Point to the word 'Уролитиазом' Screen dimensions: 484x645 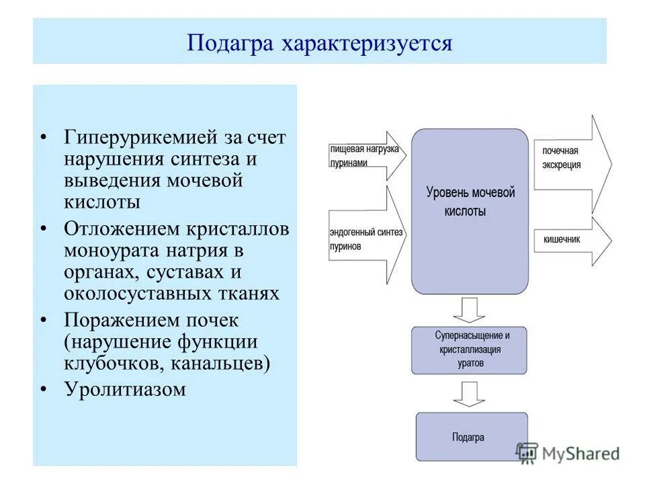click(125, 389)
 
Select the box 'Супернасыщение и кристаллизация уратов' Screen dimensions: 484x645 click(469, 350)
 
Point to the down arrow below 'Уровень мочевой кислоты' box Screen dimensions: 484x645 click(469, 310)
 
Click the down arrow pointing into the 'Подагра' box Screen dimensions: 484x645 click(469, 393)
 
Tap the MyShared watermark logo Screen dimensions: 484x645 click(568, 453)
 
